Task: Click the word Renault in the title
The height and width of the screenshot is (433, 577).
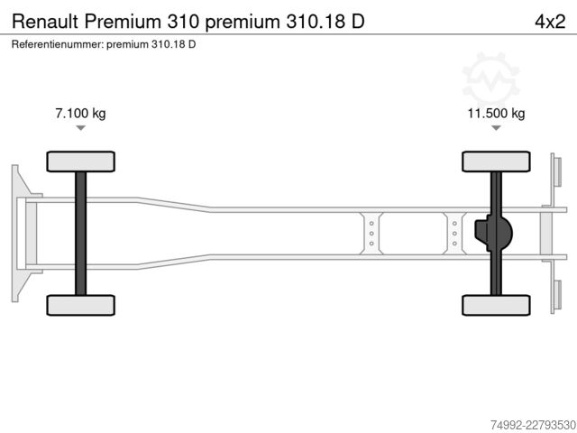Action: click(45, 22)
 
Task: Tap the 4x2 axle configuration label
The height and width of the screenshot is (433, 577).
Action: click(550, 22)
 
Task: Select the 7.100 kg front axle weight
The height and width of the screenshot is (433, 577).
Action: click(80, 113)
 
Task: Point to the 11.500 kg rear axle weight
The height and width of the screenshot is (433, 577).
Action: click(496, 113)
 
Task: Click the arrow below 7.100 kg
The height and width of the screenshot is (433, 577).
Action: click(80, 128)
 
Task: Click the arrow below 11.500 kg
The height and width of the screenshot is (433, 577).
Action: click(496, 128)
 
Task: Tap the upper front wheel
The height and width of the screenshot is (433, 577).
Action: click(80, 161)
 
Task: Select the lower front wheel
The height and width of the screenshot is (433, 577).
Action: click(80, 305)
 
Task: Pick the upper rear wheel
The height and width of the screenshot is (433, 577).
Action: click(496, 161)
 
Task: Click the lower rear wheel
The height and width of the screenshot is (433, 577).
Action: click(496, 305)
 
